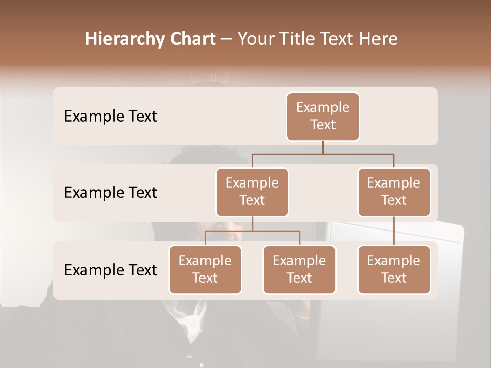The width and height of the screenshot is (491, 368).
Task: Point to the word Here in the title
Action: coord(377,39)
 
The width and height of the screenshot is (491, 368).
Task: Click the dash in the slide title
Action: coord(227,40)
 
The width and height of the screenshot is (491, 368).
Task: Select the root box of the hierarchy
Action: coord(323,117)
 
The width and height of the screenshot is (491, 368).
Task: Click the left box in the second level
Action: coord(252,192)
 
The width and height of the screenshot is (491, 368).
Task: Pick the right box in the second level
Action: coord(394,192)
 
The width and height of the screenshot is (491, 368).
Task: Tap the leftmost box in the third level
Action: coord(205,270)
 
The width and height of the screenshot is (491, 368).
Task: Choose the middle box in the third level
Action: coord(299,270)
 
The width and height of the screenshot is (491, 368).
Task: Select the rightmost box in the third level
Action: coord(394,270)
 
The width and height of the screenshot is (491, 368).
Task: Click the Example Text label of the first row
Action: coord(110,117)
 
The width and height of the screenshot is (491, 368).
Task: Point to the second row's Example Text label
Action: coord(110,193)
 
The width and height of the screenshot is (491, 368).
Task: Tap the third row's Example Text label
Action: coord(110,270)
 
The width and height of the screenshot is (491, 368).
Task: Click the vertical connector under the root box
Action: coord(323,147)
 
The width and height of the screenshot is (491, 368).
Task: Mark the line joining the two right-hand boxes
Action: coord(394,231)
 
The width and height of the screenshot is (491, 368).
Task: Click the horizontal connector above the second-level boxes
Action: coord(358,154)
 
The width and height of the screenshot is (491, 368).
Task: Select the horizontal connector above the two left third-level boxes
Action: coord(252,231)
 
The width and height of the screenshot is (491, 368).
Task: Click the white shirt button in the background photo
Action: coord(192,324)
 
